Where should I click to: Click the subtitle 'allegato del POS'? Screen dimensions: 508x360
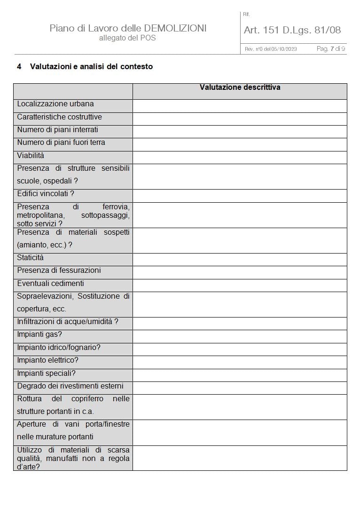click(127, 38)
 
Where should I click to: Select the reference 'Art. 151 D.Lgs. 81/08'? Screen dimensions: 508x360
click(292, 30)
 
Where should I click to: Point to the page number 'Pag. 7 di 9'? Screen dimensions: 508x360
click(331, 49)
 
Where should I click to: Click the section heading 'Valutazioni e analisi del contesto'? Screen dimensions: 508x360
click(91, 67)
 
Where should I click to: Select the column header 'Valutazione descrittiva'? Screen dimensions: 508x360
click(240, 87)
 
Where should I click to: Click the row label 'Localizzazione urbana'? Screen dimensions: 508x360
click(55, 104)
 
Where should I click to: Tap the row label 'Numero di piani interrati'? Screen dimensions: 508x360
click(58, 130)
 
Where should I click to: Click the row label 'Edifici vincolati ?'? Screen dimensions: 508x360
click(46, 194)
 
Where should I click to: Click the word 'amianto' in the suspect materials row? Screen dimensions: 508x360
click(33, 245)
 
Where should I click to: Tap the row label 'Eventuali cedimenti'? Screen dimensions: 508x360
click(50, 284)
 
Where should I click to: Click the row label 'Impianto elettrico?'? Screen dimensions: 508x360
click(48, 360)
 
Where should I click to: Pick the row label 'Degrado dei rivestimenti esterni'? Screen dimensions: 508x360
click(70, 386)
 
